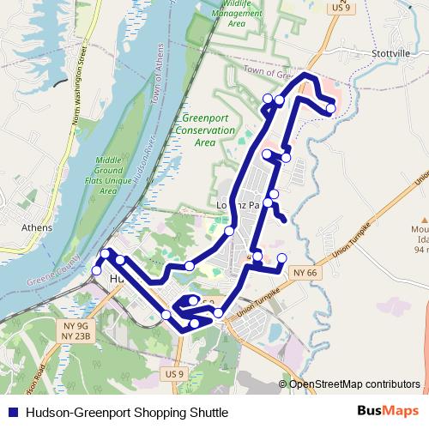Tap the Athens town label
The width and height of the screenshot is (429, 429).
point(37,228)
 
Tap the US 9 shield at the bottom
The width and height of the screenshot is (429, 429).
point(174,374)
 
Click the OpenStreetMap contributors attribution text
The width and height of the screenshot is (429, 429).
point(353,384)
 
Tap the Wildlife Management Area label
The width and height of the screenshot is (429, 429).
point(238,14)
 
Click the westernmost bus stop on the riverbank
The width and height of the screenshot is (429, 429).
point(96,271)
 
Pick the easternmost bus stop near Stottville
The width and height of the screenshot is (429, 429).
point(330,108)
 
